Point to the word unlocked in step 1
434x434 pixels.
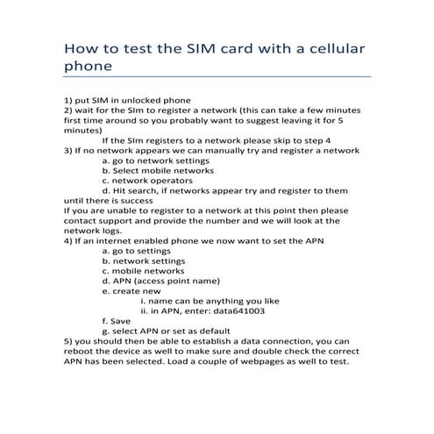[x=139, y=99]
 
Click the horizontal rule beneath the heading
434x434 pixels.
[x=217, y=76]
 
